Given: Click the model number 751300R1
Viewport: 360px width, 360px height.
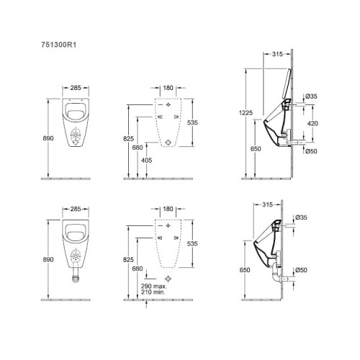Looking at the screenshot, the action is pyautogui.click(x=59, y=45).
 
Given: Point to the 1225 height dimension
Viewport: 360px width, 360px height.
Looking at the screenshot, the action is pyautogui.click(x=246, y=112).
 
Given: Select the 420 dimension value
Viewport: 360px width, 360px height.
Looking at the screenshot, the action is pyautogui.click(x=312, y=123).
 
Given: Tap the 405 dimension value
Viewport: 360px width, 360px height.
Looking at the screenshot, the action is pyautogui.click(x=146, y=160).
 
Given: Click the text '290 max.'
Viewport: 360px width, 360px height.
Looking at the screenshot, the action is pyautogui.click(x=154, y=286).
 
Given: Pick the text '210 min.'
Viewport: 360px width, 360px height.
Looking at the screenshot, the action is pyautogui.click(x=153, y=292).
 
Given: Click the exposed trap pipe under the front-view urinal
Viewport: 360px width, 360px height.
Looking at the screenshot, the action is pyautogui.click(x=76, y=276).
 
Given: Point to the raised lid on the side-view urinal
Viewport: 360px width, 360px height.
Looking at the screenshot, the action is pyautogui.click(x=286, y=84).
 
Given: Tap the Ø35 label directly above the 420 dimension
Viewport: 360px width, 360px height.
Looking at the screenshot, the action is pyautogui.click(x=311, y=96).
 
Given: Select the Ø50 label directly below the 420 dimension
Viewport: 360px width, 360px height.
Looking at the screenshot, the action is pyautogui.click(x=311, y=151).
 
